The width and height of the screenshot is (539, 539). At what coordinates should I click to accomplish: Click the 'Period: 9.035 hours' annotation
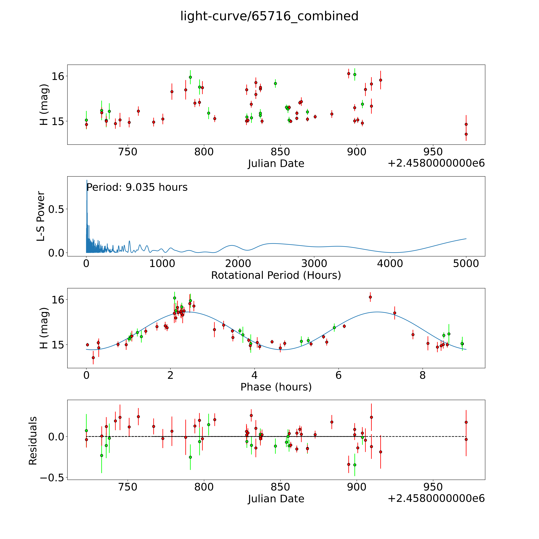pos(137,187)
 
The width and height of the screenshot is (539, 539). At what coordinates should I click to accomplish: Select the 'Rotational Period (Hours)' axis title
pos(276,275)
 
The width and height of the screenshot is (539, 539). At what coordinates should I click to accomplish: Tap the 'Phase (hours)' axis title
pos(276,387)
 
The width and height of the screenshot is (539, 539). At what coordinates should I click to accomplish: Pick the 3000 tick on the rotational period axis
pos(314,263)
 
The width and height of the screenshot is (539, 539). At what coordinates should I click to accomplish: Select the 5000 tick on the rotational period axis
pos(466,263)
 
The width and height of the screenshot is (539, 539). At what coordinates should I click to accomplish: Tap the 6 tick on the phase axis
pos(338,375)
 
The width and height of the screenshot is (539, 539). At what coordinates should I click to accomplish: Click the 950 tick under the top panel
pos(433,152)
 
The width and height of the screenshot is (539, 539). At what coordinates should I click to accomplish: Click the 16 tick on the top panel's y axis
pos(58,76)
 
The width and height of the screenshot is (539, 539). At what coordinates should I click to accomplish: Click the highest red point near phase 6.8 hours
pos(370,297)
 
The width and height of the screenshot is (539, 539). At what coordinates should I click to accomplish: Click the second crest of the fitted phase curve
pos(377,312)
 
